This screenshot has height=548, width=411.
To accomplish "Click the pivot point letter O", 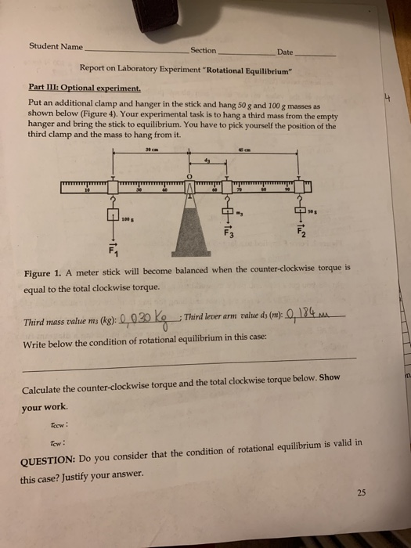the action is [189, 178].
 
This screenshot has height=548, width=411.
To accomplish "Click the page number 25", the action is [360, 492].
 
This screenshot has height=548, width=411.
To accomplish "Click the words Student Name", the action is [56, 45].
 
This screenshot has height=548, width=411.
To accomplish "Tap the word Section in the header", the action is [203, 50].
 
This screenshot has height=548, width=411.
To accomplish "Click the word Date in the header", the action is [284, 52].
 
